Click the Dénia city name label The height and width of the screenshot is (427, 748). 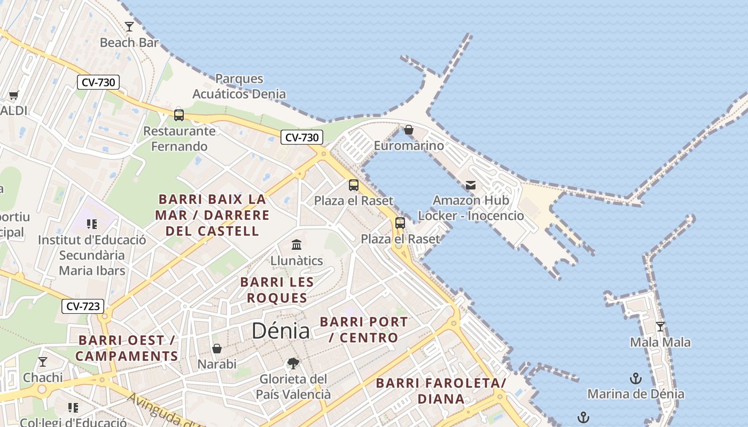[280, 331]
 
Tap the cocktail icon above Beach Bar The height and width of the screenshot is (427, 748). [129, 26]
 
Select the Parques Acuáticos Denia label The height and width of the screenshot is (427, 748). [239, 86]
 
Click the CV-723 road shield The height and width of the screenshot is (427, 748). [83, 306]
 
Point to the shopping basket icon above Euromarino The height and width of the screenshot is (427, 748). [409, 130]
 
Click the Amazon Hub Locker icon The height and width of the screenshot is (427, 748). [471, 185]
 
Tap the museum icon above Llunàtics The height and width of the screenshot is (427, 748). [297, 245]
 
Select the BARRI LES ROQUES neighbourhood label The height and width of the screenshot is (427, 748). [277, 290]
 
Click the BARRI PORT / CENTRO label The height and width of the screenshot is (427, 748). [364, 330]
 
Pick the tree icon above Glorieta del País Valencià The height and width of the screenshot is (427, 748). [293, 363]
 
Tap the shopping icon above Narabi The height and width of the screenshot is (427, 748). [217, 349]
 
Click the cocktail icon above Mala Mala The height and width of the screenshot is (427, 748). [660, 327]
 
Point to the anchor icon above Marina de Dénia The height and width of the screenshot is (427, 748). [636, 379]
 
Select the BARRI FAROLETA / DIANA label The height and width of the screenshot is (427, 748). [441, 391]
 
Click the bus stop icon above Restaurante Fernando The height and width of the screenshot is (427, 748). [179, 115]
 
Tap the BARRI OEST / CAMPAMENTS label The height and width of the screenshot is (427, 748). [127, 348]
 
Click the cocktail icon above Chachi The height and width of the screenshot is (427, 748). [43, 362]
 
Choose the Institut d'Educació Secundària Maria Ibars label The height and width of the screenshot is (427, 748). [92, 255]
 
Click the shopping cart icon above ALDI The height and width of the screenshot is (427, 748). [13, 96]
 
